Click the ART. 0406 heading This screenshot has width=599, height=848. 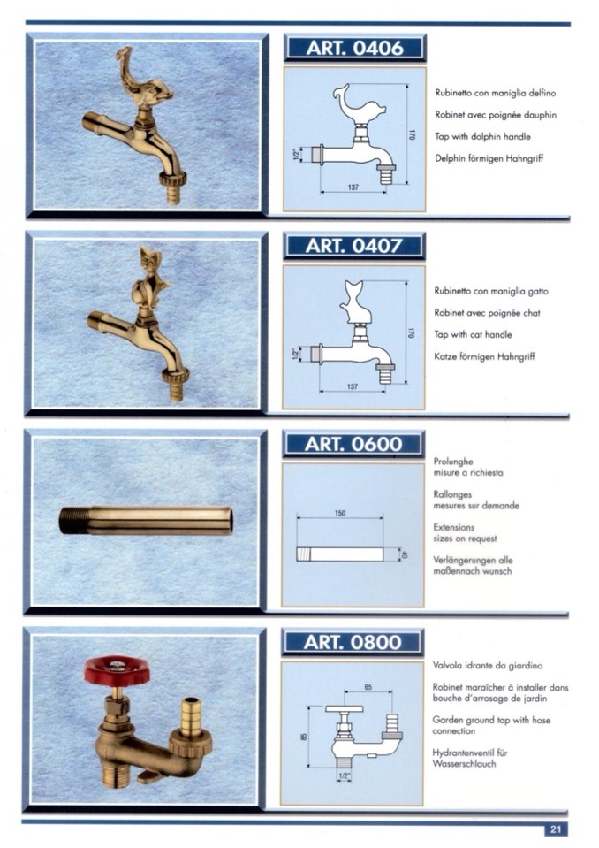pyautogui.click(x=355, y=48)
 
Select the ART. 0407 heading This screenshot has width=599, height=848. pyautogui.click(x=353, y=246)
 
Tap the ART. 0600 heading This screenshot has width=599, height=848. pyautogui.click(x=353, y=444)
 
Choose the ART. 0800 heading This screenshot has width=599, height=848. pyautogui.click(x=353, y=642)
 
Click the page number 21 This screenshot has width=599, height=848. pyautogui.click(x=556, y=829)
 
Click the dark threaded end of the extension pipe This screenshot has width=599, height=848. pyautogui.click(x=74, y=520)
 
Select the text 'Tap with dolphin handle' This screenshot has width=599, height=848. pyautogui.click(x=483, y=137)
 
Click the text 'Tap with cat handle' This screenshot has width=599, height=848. pyautogui.click(x=473, y=335)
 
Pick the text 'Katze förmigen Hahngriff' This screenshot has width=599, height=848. pyautogui.click(x=484, y=357)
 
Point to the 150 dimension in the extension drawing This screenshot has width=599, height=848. pyautogui.click(x=340, y=513)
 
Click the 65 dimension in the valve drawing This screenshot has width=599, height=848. pyautogui.click(x=368, y=687)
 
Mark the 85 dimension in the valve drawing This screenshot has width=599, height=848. pyautogui.click(x=304, y=737)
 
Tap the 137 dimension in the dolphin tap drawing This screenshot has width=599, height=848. pyautogui.click(x=353, y=187)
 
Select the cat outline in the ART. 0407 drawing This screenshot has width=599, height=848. pyautogui.click(x=356, y=302)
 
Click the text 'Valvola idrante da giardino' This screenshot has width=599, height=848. pyautogui.click(x=487, y=666)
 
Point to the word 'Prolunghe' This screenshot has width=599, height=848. pyautogui.click(x=453, y=462)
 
